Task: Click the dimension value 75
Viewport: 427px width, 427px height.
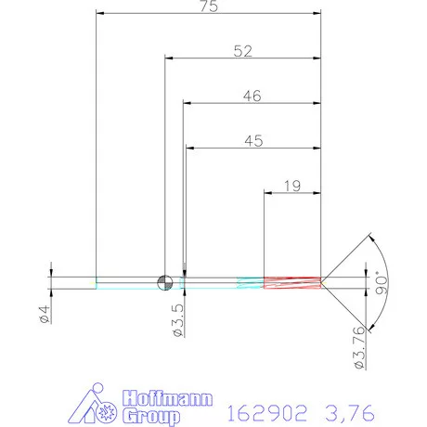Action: pyautogui.click(x=209, y=7)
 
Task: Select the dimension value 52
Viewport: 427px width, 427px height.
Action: pyautogui.click(x=242, y=52)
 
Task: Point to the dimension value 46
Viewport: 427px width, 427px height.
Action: pyautogui.click(x=252, y=96)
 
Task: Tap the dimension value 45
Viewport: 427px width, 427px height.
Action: pyautogui.click(x=252, y=141)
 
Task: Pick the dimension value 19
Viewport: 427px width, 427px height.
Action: pyautogui.click(x=291, y=186)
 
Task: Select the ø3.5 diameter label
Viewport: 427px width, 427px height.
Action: pyautogui.click(x=177, y=317)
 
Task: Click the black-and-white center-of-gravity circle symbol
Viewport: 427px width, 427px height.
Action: pyautogui.click(x=164, y=281)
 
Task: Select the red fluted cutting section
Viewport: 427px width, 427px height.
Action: pyautogui.click(x=292, y=282)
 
